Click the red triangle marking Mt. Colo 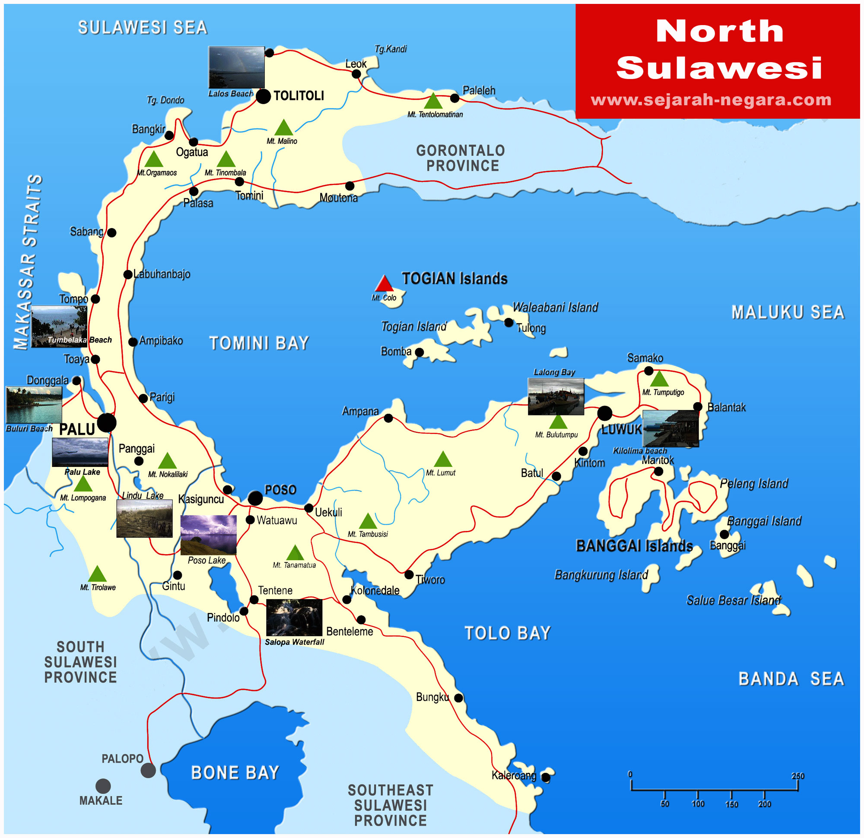(x=384, y=283)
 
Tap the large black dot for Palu (x=107, y=423)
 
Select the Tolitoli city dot (x=264, y=96)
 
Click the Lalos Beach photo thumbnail (x=236, y=67)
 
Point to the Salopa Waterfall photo (x=294, y=617)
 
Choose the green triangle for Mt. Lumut (x=443, y=459)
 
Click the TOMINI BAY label (x=259, y=343)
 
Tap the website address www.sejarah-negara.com (x=711, y=100)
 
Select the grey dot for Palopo (x=148, y=771)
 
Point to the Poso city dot (x=255, y=498)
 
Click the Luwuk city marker (x=605, y=413)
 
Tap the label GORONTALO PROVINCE (x=461, y=158)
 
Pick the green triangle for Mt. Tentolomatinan (x=433, y=102)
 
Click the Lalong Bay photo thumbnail (x=556, y=396)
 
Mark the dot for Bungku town (x=458, y=698)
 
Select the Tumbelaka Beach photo (x=60, y=326)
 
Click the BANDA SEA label (x=791, y=679)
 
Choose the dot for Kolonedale (x=347, y=600)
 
